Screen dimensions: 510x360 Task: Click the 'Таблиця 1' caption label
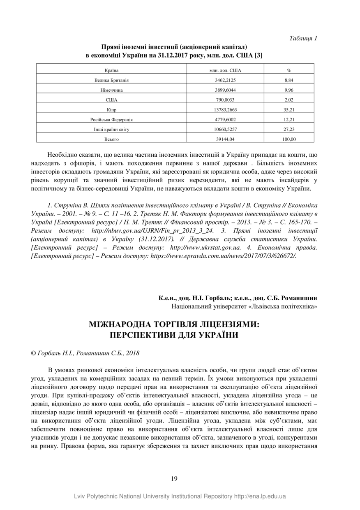click(303, 38)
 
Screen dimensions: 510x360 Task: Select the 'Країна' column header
click(112, 70)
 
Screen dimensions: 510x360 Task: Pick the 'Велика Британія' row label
click(112, 80)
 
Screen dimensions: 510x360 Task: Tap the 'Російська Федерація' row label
click(112, 120)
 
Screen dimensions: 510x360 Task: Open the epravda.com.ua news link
click(224, 255)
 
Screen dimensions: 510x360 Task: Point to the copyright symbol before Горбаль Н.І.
click(34, 353)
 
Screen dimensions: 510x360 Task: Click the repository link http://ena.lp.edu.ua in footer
click(260, 496)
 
